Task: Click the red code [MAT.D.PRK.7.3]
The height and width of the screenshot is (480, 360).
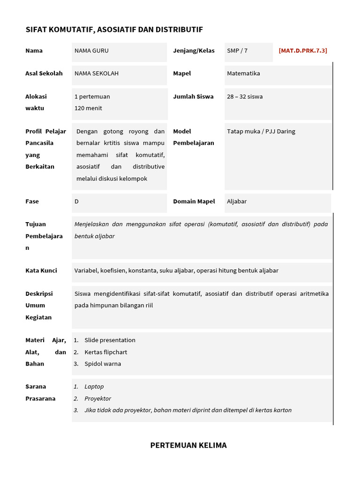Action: [303, 51]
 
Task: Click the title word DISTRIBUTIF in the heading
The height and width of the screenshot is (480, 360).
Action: [180, 30]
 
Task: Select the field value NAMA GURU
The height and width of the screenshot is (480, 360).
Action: [91, 51]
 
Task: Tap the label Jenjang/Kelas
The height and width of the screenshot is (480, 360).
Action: [194, 51]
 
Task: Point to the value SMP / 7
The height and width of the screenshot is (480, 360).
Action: [237, 51]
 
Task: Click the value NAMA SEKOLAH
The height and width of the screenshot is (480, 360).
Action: [97, 74]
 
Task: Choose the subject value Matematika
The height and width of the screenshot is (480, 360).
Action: [243, 74]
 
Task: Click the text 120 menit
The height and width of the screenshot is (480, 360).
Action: [88, 108]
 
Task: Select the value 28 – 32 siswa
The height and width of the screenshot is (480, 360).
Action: [245, 97]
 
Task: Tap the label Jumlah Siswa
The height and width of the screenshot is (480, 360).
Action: [193, 97]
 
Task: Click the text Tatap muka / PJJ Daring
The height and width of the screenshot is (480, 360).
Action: [261, 131]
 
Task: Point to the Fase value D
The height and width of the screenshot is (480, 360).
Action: [76, 202]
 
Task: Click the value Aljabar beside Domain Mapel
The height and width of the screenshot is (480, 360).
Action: [237, 202]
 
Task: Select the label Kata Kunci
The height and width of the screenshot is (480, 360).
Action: [41, 270]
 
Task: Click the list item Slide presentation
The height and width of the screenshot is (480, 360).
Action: [110, 340]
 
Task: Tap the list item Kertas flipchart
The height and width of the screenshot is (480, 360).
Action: [106, 352]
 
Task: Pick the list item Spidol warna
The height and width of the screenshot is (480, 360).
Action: [103, 364]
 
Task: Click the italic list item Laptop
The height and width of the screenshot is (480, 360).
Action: [94, 387]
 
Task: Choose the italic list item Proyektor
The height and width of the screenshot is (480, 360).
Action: [98, 398]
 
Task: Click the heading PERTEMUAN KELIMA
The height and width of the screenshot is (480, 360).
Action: [188, 445]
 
